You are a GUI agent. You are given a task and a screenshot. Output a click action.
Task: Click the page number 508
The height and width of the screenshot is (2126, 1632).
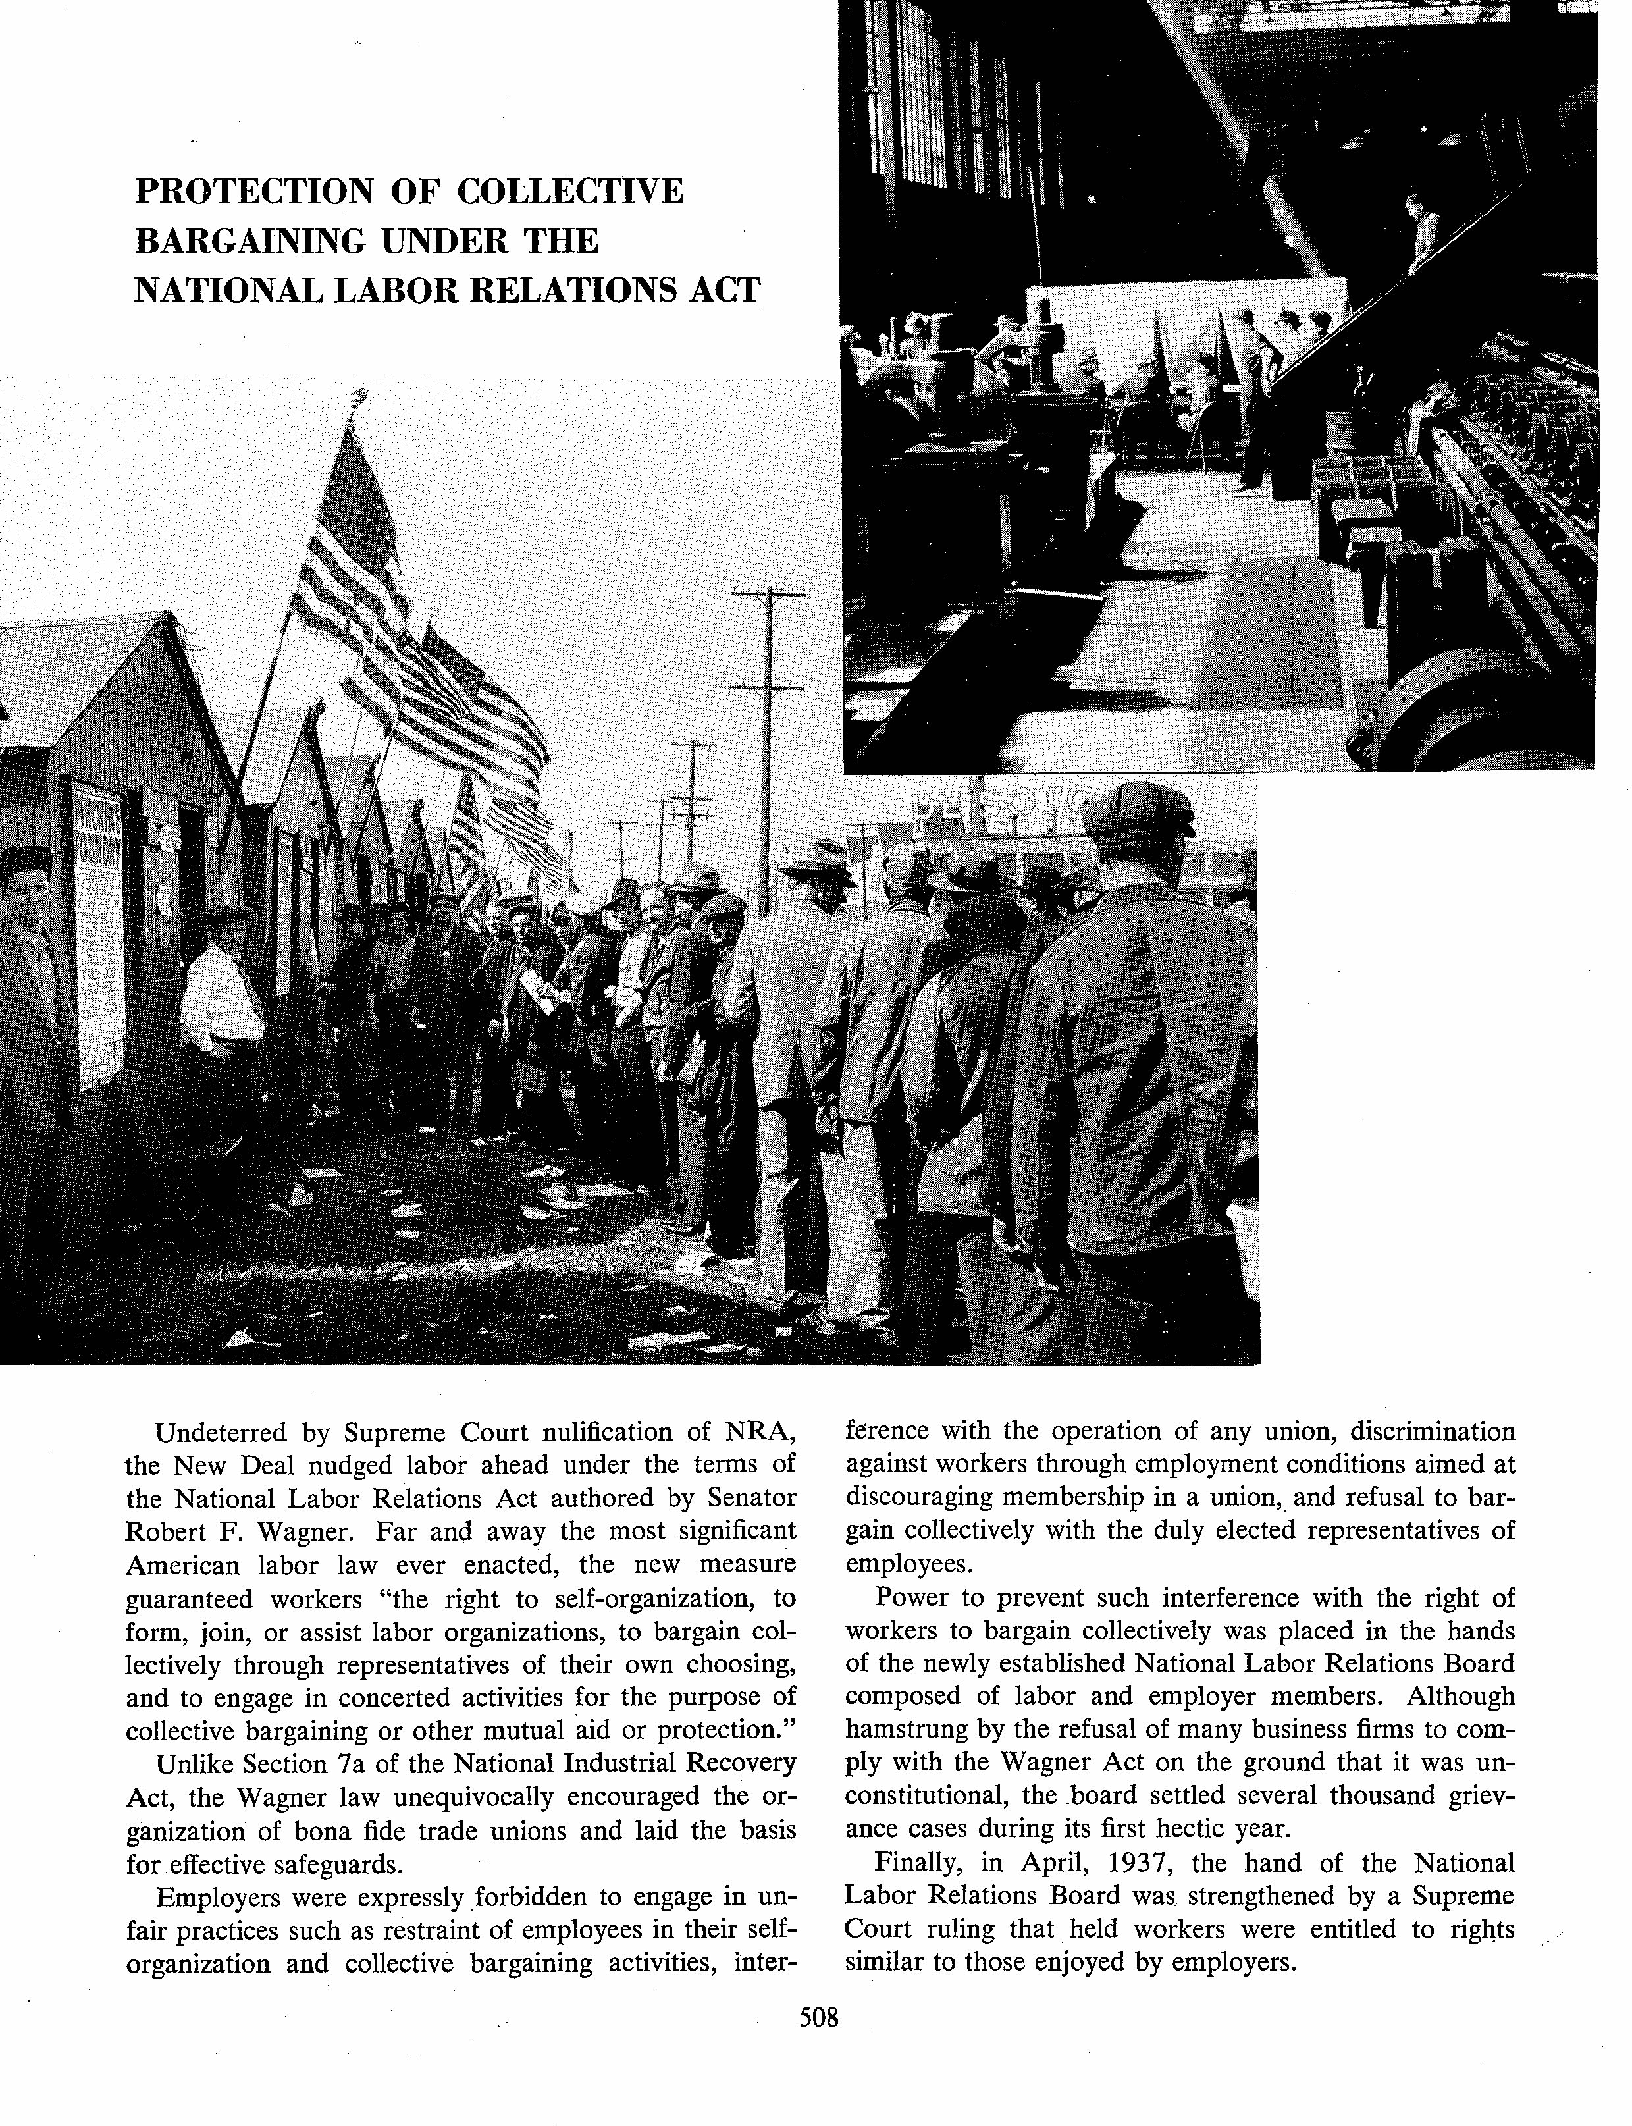click(817, 2017)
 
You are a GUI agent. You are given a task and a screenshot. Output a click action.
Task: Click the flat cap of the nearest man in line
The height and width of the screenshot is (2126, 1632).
click(1136, 809)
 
